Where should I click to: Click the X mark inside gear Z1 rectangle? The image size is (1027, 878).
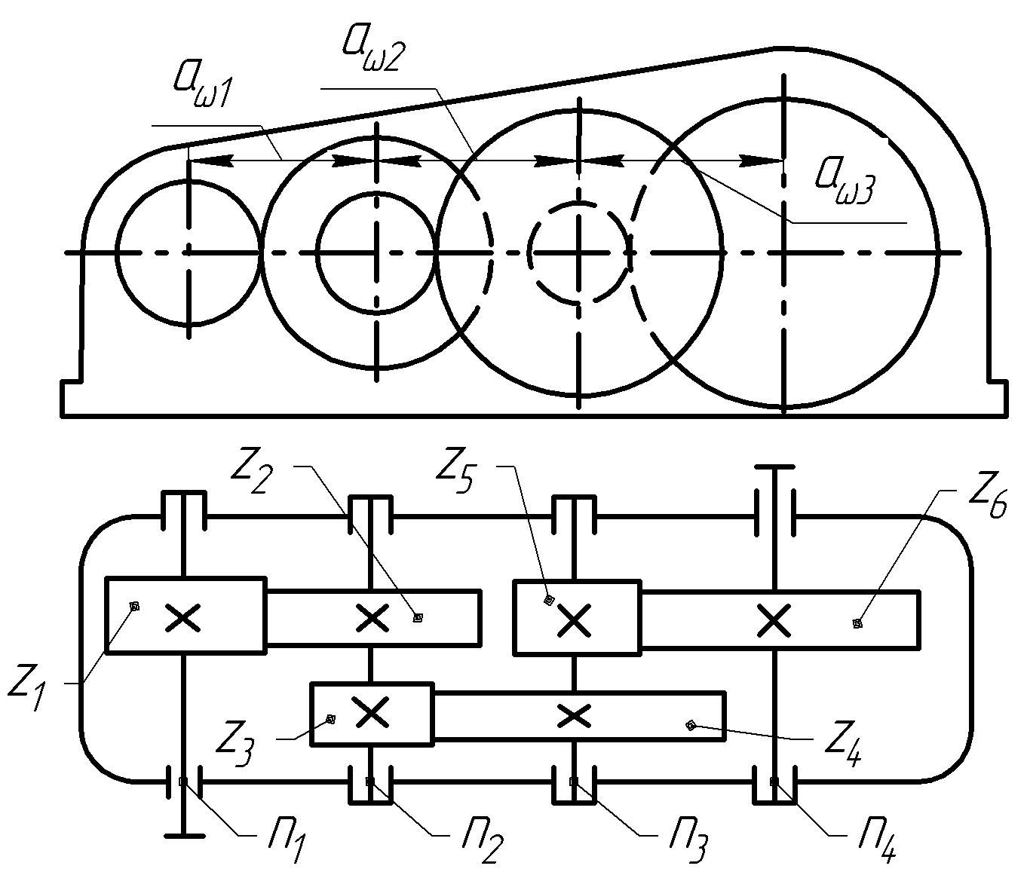coord(182,616)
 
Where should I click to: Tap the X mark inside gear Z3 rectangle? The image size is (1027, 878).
coord(370,711)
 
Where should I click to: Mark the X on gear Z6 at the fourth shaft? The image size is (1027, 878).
coord(774,619)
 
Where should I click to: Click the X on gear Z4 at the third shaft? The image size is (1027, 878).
coord(575,715)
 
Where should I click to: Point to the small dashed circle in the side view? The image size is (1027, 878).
coord(579,252)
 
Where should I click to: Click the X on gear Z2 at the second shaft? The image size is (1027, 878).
coord(372,618)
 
